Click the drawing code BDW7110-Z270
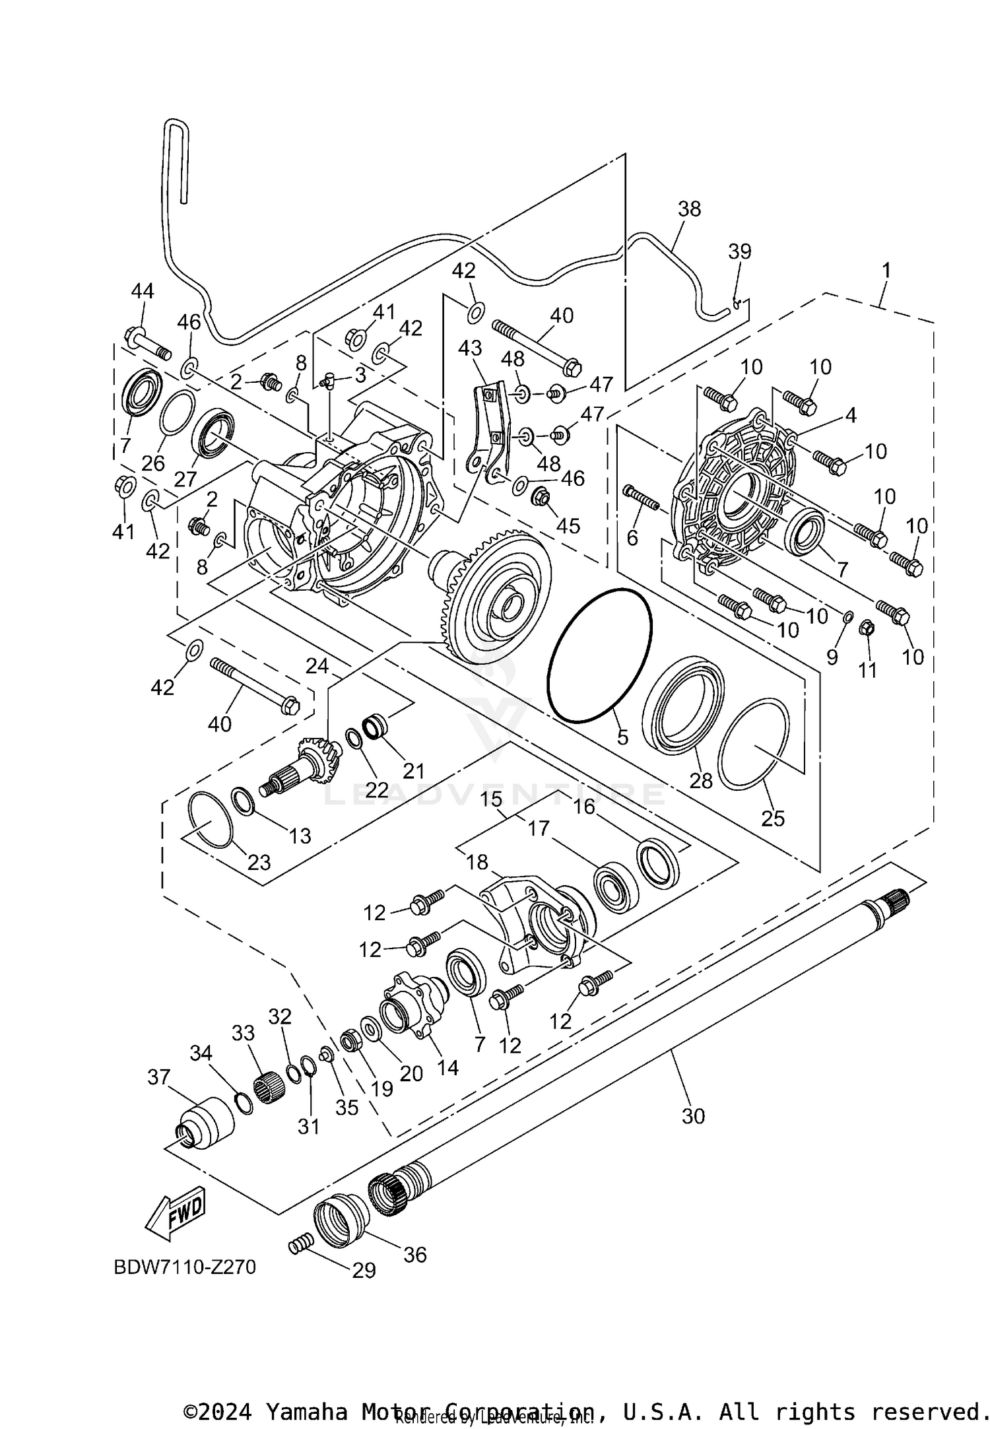tap(185, 1267)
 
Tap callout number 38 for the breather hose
tap(689, 209)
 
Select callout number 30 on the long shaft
tap(693, 1116)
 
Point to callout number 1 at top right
tap(886, 270)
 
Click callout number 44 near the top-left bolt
tap(142, 291)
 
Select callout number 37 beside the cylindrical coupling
tap(158, 1077)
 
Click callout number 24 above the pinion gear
tap(317, 666)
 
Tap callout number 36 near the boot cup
tap(415, 1254)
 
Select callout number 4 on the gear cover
tap(850, 415)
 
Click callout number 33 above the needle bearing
tap(243, 1033)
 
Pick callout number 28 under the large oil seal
tap(701, 780)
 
